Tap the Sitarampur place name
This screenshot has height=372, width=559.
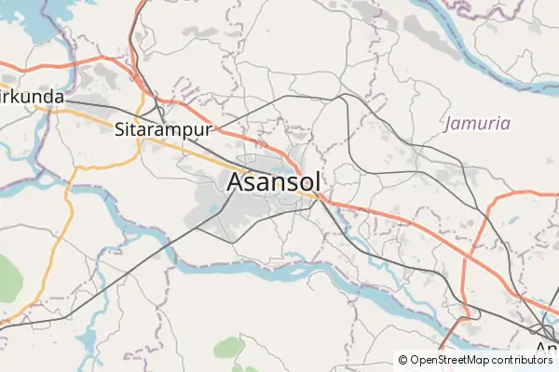pos(163,129)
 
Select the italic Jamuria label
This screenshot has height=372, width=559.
pos(477,123)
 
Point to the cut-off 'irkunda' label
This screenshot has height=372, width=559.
pos(32,96)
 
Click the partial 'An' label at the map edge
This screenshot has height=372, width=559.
pos(546,352)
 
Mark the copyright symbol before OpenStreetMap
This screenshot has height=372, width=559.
pos(402,360)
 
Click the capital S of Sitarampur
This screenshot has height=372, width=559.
pos(120,129)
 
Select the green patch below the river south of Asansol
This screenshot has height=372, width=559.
pos(228,349)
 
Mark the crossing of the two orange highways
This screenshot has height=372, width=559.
pos(322,198)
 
